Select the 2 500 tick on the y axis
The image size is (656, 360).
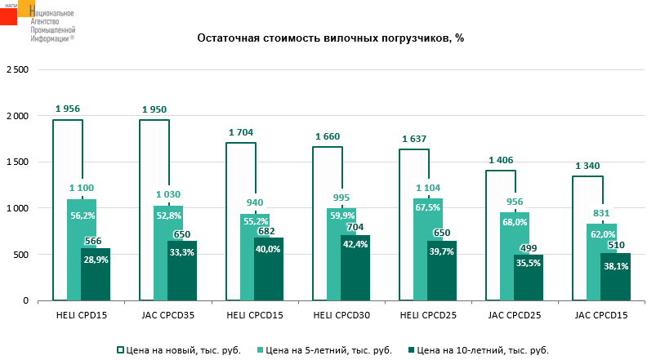(17, 70)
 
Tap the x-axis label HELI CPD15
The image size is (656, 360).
(82, 314)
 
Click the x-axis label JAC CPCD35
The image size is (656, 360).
(168, 314)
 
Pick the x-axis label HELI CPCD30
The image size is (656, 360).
(341, 314)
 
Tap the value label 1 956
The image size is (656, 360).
(68, 109)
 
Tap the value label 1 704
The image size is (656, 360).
(241, 132)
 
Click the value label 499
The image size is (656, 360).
(529, 248)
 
